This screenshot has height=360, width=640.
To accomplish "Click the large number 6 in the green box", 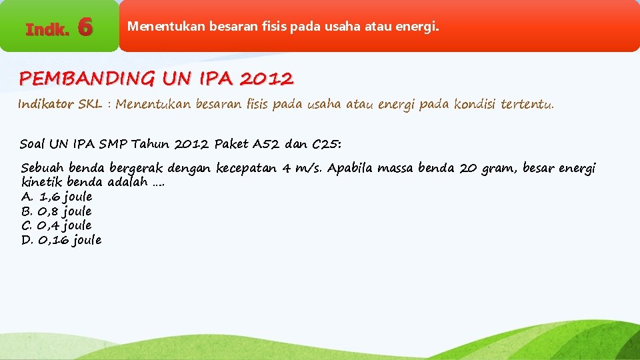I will (85, 27).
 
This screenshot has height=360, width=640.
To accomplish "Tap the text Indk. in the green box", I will (47, 29).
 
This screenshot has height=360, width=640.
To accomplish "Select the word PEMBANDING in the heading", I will (86, 79).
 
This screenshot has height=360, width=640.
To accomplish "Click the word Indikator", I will (46, 104).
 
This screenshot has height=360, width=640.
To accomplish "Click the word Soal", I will (33, 144).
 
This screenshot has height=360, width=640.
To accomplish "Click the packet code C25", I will (326, 144).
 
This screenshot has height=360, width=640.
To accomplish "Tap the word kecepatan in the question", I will (246, 169).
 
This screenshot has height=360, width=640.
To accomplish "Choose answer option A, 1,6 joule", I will (57, 197).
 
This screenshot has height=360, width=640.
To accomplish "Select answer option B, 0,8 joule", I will (57, 211).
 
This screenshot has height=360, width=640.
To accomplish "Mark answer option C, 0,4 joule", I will (57, 225).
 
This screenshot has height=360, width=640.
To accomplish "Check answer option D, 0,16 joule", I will (61, 240).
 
